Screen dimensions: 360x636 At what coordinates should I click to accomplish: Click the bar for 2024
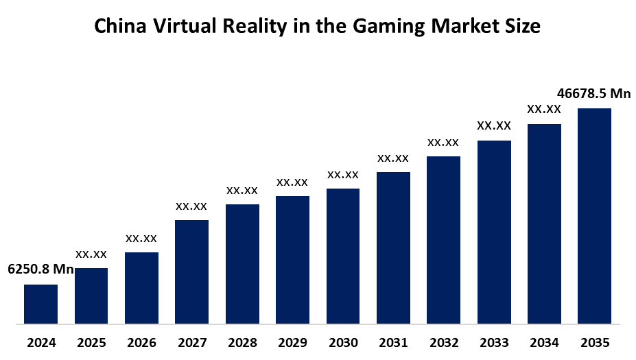(40, 303)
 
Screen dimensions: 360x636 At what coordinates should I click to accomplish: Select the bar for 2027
(191, 271)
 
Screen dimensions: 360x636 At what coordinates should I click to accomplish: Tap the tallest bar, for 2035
(594, 215)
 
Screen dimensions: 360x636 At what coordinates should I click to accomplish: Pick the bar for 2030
(343, 255)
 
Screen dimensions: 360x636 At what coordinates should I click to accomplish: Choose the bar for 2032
(443, 239)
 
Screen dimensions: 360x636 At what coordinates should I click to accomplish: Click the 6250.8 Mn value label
(40, 269)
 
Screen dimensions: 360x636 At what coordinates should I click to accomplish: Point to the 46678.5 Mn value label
(594, 93)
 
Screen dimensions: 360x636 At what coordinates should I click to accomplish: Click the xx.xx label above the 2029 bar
(292, 182)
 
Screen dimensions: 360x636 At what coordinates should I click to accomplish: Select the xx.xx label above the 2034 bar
(544, 109)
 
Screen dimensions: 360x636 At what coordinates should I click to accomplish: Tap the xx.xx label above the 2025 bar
(91, 254)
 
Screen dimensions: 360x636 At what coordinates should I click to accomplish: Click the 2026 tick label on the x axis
(141, 343)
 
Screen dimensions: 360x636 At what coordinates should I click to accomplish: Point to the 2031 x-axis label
(393, 343)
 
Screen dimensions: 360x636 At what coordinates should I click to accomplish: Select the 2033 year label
(494, 343)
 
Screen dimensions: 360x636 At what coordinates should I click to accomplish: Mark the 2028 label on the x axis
(242, 343)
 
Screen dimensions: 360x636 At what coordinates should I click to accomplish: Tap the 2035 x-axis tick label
(594, 343)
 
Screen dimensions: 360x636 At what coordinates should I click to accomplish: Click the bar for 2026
(141, 287)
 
